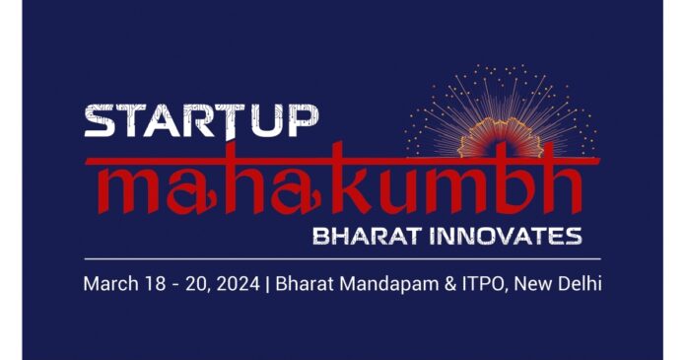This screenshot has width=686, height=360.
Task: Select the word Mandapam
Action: point(383,284)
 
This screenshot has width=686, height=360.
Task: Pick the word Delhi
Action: point(580,284)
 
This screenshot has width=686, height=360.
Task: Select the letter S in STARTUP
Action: point(101,122)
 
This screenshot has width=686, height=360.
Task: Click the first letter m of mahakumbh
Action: point(121,187)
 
